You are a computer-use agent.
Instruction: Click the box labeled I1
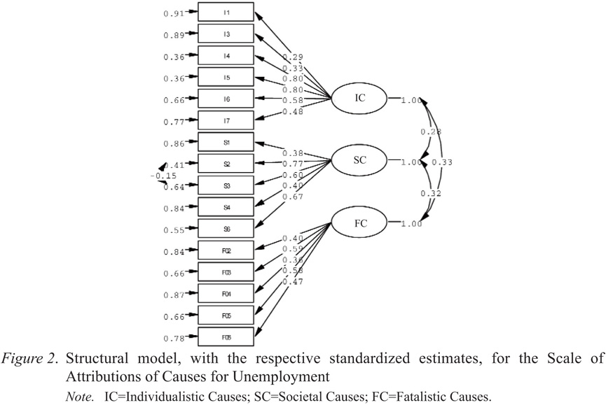(226, 13)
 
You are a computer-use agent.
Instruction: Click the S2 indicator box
(226, 164)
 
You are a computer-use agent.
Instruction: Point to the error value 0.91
(174, 13)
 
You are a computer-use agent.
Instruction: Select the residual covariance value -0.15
(163, 176)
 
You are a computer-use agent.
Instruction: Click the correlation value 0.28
(430, 132)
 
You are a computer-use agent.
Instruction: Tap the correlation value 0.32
(430, 194)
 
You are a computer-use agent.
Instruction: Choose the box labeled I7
(226, 121)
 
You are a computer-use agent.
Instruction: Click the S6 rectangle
(226, 229)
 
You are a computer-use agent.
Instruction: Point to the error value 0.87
(174, 296)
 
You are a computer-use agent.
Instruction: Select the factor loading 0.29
(292, 56)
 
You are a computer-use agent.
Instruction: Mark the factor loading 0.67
(292, 197)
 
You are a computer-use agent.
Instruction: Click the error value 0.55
(174, 231)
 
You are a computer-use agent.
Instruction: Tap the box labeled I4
(226, 56)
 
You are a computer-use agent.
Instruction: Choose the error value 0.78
(174, 339)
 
